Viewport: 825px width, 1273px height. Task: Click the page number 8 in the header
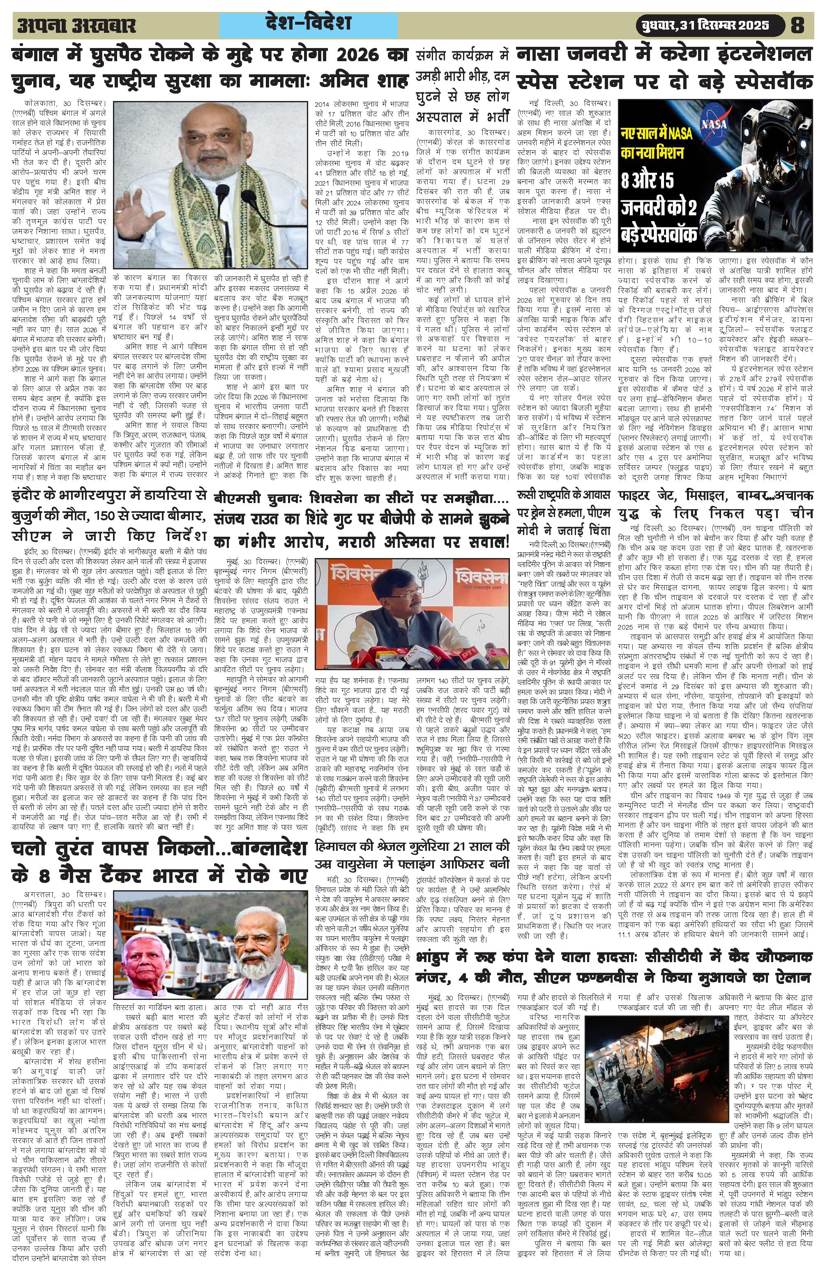[797, 25]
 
